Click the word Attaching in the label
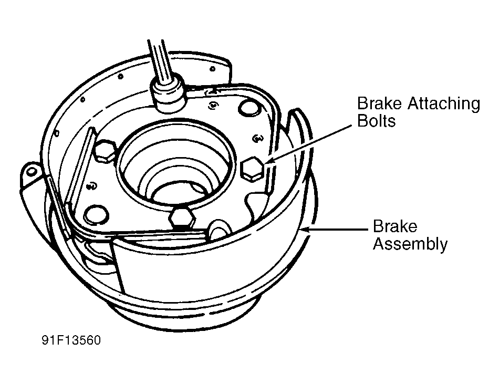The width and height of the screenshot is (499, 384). point(444,104)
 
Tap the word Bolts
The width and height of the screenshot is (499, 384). point(376,121)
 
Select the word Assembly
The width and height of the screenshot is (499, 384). point(410,244)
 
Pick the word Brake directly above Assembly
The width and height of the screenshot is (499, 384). point(395,226)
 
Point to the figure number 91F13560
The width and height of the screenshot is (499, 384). point(71,340)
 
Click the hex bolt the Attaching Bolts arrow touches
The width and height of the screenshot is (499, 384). point(253,169)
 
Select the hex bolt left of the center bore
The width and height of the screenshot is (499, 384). point(104,151)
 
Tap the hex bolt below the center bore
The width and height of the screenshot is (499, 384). point(182,218)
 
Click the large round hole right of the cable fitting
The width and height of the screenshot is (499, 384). point(250,108)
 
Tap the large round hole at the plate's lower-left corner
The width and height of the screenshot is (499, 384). point(96,215)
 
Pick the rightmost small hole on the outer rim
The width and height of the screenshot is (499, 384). point(213,69)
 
